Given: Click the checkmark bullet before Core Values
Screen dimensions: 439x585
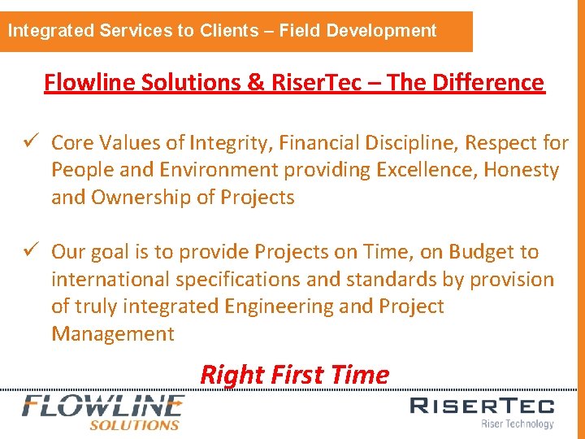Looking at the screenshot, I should point(33,143).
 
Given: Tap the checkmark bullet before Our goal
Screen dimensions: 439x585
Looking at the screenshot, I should point(33,252).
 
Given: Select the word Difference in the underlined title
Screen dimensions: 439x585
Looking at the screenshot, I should point(495,82).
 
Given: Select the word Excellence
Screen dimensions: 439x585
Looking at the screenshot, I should point(432,171).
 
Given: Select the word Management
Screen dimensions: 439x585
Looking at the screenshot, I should point(113,334).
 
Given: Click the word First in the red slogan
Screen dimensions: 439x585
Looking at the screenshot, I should point(298,375).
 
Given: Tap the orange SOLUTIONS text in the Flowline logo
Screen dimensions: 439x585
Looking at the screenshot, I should point(134,424).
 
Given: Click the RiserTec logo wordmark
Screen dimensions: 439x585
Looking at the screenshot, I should point(482,406).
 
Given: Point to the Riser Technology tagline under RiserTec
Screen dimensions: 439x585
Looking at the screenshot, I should point(517,424).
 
